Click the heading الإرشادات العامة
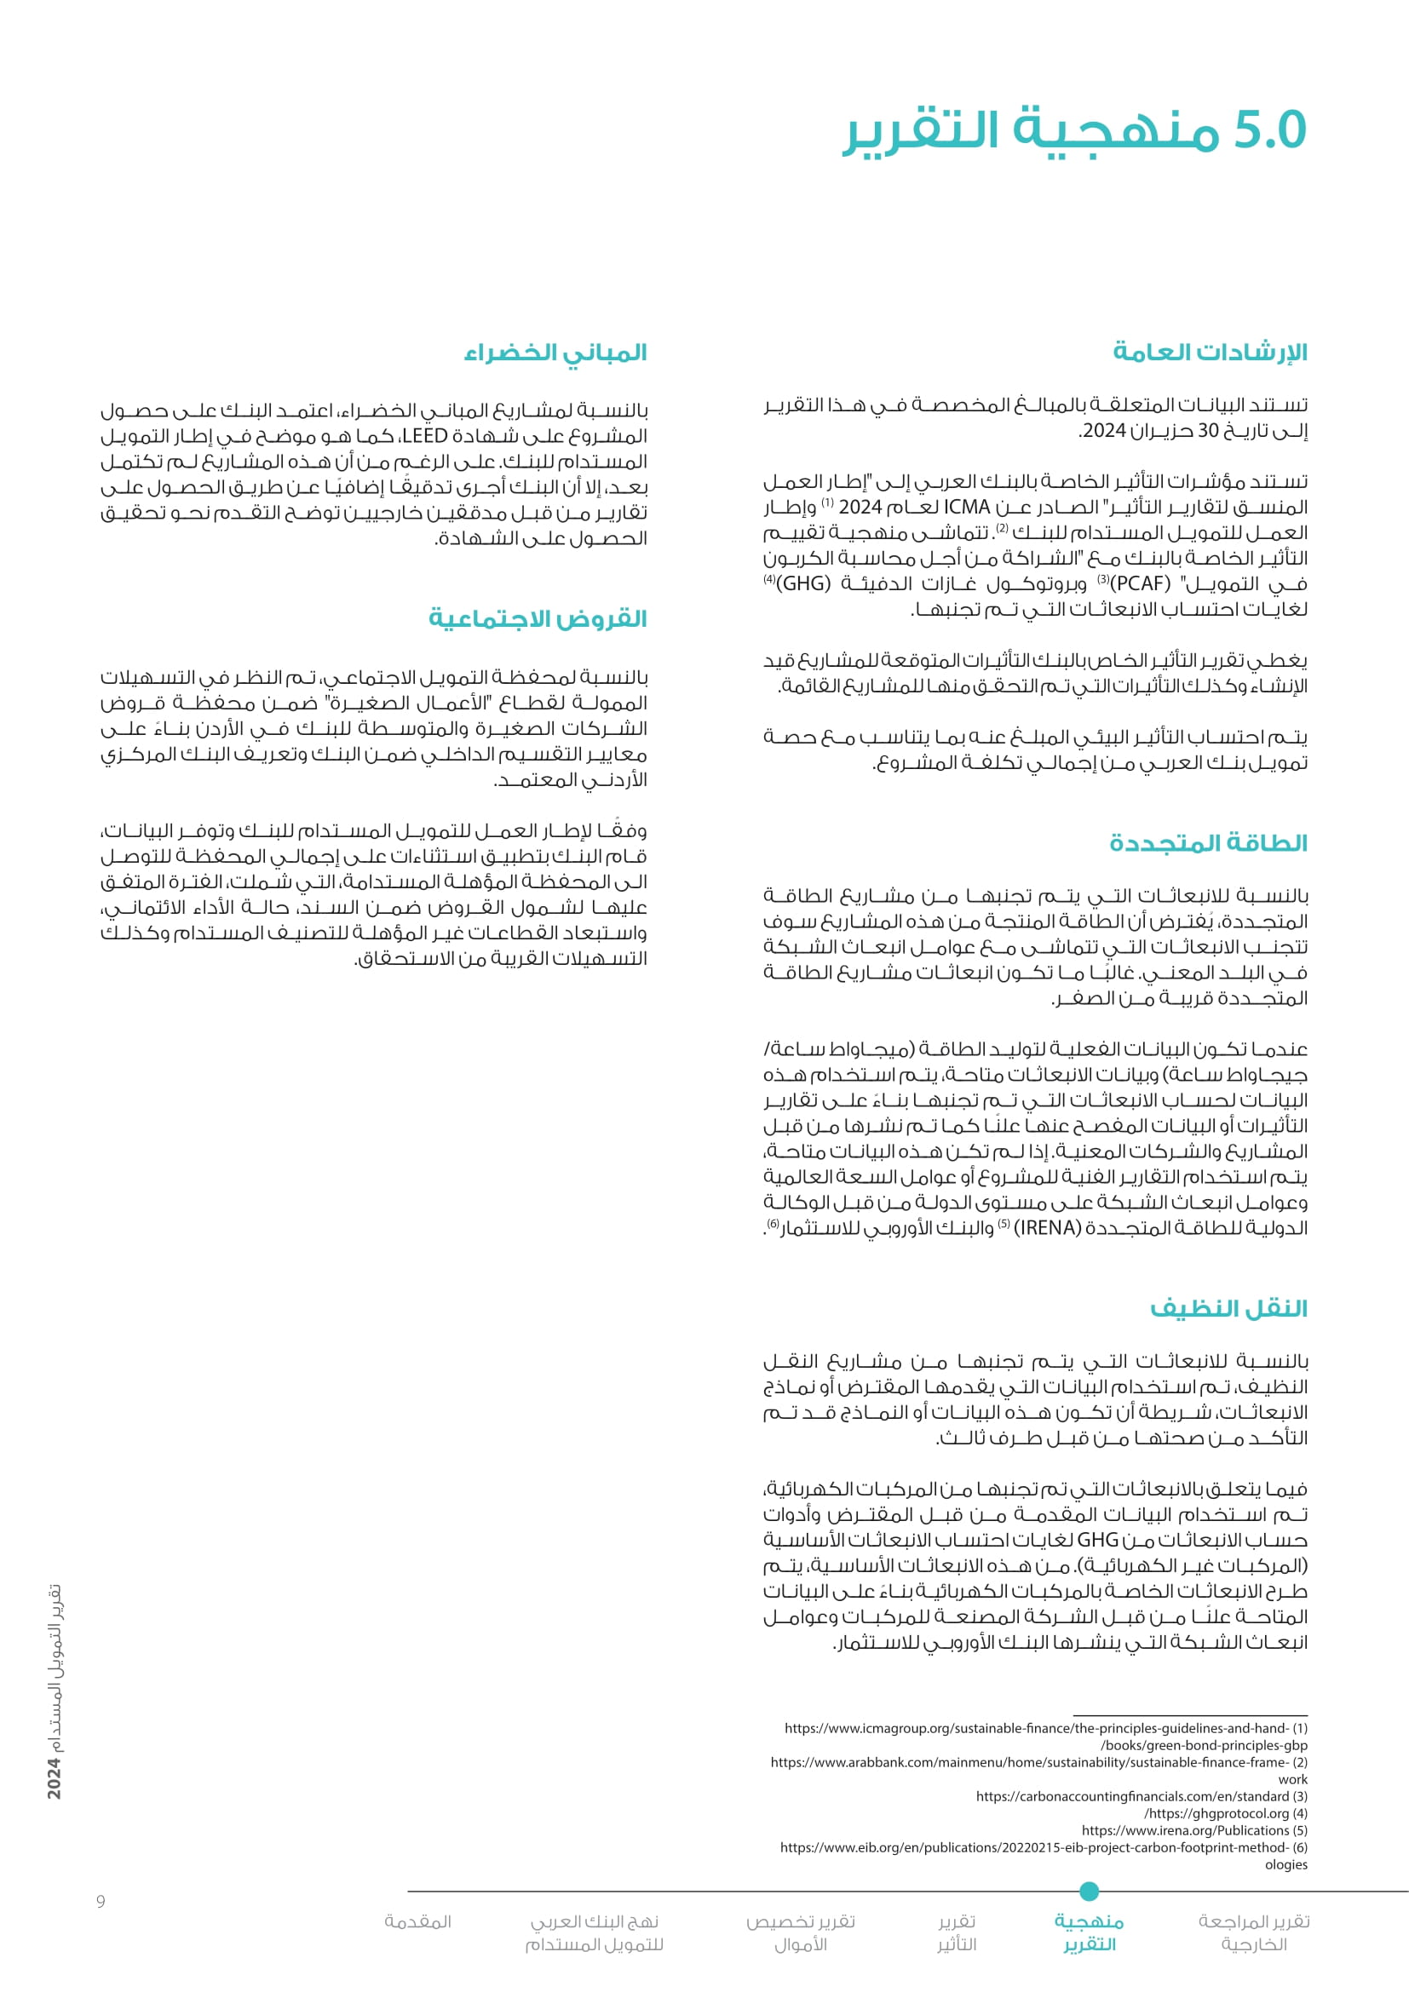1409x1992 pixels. [x=1210, y=353]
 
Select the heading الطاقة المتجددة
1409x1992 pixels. [x=1208, y=842]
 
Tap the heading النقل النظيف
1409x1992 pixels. [x=1228, y=1307]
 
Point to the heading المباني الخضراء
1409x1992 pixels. [x=555, y=353]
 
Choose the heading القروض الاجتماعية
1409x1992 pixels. [x=538, y=618]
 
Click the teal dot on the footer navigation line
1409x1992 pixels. [x=1090, y=1892]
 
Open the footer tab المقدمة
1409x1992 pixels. [x=418, y=1921]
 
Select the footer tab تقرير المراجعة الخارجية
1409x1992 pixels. [x=1254, y=1933]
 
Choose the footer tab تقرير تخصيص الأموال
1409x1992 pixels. [x=801, y=1933]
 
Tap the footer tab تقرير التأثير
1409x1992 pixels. [x=957, y=1933]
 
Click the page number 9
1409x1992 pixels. [x=101, y=1902]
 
